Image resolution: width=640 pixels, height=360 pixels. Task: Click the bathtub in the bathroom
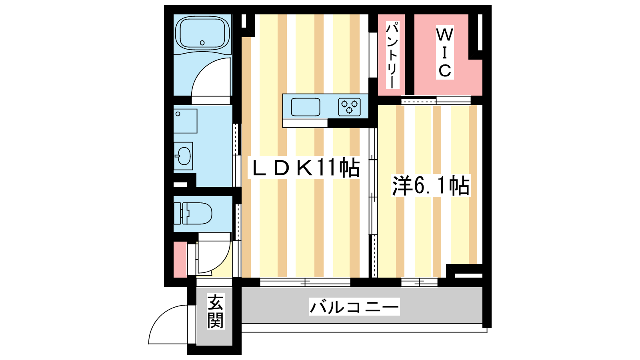202,33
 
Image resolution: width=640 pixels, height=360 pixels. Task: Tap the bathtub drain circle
202,43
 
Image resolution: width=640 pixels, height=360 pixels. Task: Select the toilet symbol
193,214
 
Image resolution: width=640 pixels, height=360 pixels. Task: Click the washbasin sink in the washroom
184,156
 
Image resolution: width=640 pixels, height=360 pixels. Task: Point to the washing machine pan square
186,121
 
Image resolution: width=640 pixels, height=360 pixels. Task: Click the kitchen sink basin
306,107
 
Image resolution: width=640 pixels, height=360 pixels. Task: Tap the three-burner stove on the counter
350,107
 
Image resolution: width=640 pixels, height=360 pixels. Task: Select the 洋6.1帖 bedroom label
431,186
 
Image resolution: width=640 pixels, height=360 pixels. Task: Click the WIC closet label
444,52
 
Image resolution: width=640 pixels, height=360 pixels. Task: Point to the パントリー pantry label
392,56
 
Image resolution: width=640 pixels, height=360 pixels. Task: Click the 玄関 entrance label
215,312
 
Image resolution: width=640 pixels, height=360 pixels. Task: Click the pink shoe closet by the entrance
180,260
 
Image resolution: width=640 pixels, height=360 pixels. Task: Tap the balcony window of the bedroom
420,282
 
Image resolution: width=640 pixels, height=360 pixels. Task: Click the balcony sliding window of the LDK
305,282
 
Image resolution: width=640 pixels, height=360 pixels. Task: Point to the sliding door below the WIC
436,100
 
